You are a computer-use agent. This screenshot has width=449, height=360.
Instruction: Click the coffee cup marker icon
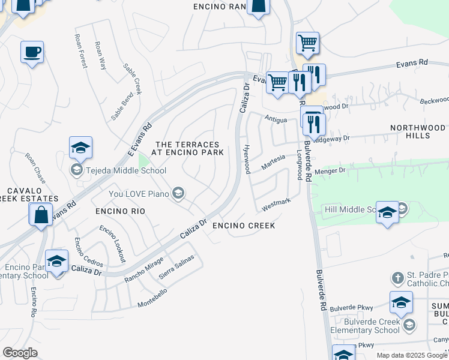click(32, 51)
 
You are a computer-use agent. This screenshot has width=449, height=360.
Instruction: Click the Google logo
click(20, 353)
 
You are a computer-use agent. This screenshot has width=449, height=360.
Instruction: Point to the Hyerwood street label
click(246, 159)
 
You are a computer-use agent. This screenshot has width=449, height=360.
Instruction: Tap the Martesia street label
click(273, 161)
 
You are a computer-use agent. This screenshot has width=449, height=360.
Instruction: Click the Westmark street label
click(276, 204)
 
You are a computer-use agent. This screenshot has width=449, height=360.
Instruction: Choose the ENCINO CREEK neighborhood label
click(244, 226)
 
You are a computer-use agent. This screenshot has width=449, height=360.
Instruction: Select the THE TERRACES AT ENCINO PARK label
click(189, 148)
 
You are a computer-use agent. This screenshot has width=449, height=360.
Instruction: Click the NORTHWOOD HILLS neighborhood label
click(418, 131)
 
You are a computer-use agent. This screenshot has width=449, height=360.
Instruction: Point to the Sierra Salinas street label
click(176, 267)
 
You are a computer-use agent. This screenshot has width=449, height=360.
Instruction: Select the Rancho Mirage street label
click(143, 271)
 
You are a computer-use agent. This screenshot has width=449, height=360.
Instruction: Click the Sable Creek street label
click(132, 78)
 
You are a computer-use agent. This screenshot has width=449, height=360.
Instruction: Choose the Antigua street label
click(277, 119)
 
